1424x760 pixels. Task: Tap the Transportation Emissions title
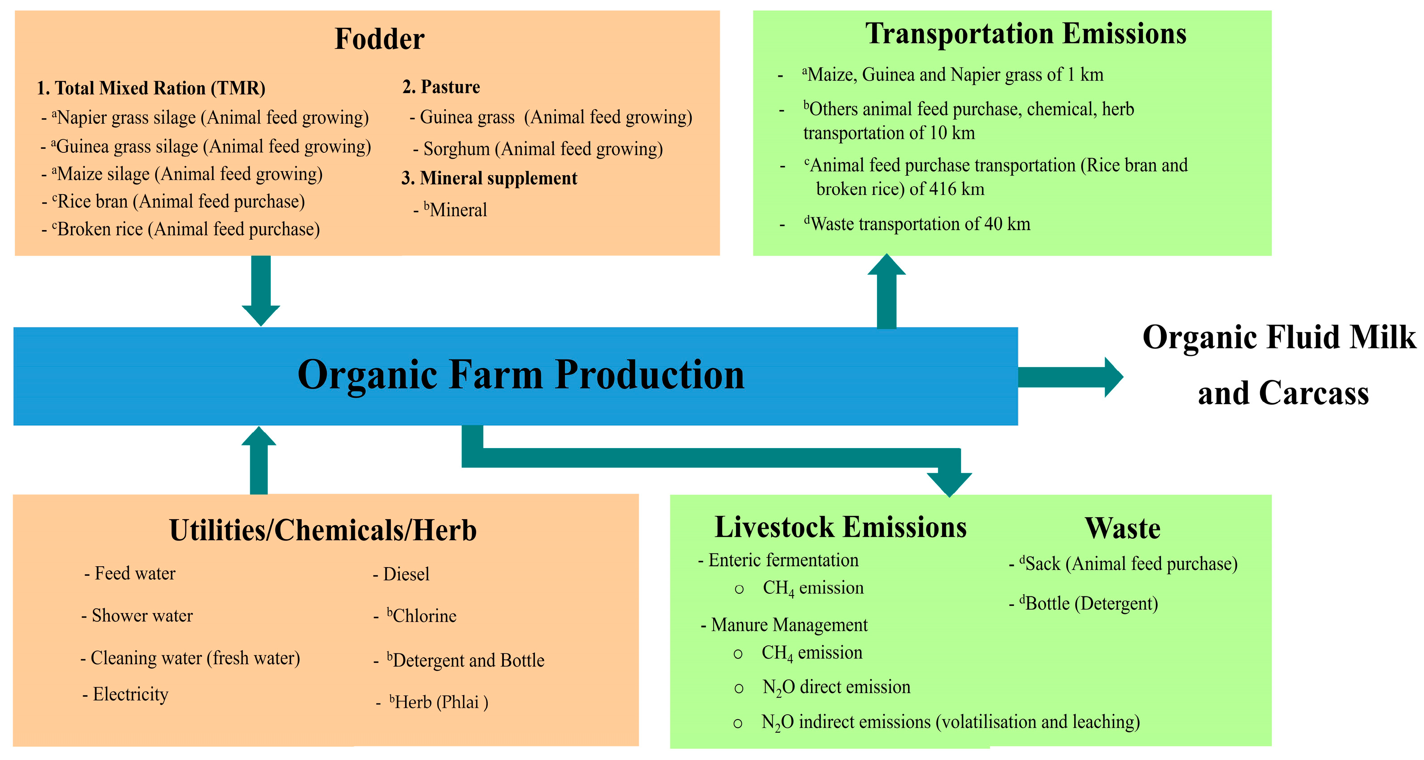1025,34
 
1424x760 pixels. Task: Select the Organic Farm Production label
521,375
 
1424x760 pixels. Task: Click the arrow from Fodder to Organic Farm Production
261,290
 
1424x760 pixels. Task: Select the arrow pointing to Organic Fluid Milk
1070,377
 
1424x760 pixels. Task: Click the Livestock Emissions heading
840,527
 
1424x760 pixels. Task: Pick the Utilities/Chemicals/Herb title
323,530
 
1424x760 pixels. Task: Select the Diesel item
406,574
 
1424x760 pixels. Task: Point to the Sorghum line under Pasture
542,149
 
